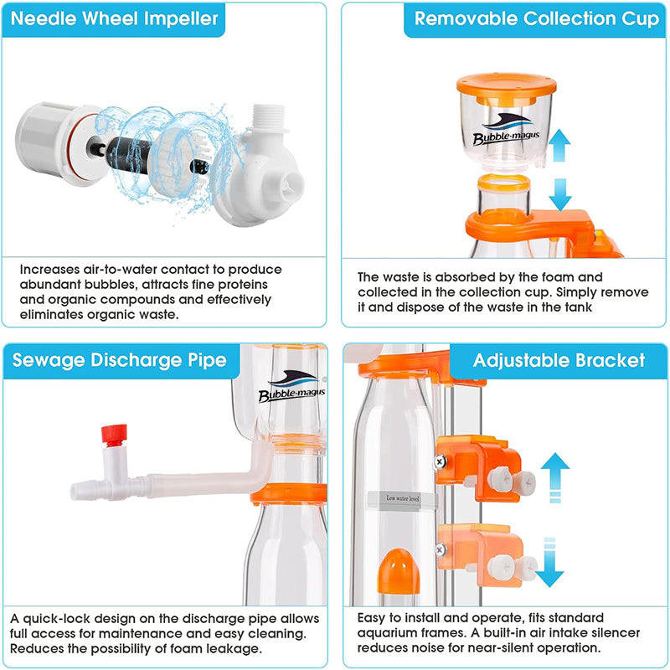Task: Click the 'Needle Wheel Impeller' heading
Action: (x=114, y=18)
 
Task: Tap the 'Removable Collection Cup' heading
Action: (x=537, y=18)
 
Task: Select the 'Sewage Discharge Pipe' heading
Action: (x=119, y=360)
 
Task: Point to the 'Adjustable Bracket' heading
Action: (x=559, y=360)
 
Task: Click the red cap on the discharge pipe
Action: (x=114, y=435)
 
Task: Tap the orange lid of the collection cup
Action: (x=507, y=88)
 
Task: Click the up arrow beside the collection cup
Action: (x=559, y=145)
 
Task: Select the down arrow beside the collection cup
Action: (x=560, y=195)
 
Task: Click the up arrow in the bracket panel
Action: (x=555, y=477)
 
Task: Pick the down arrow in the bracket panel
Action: (x=549, y=562)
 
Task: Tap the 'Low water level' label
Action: (x=403, y=498)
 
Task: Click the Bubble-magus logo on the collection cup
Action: (x=507, y=130)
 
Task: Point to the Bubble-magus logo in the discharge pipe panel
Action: (x=291, y=386)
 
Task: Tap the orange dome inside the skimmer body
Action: (x=399, y=572)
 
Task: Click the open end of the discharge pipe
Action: (x=76, y=491)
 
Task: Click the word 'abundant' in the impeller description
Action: (x=50, y=285)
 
